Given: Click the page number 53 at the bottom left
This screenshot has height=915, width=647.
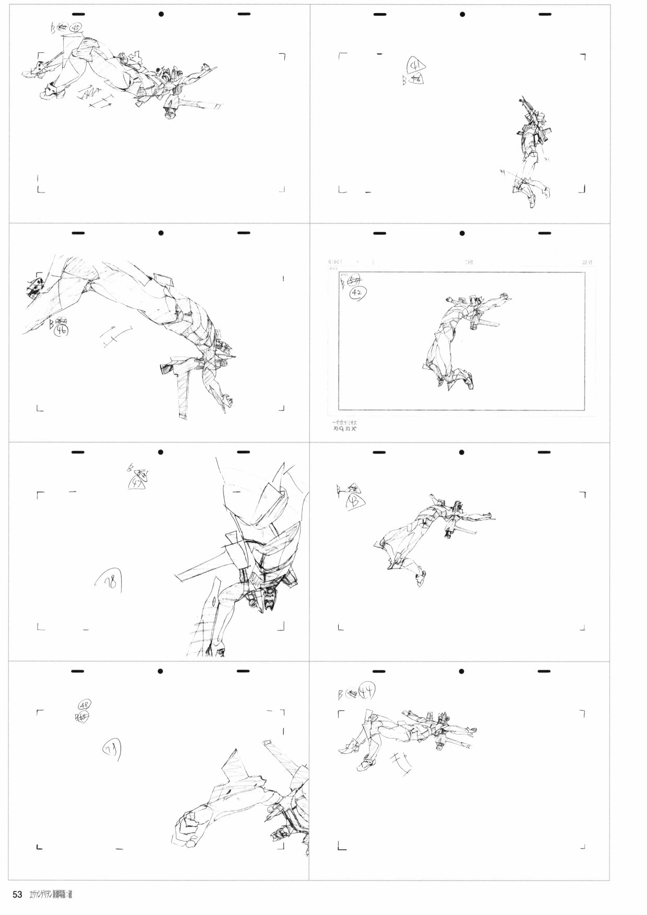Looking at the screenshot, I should pyautogui.click(x=17, y=895).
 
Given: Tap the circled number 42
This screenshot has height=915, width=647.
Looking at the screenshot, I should pyautogui.click(x=357, y=293).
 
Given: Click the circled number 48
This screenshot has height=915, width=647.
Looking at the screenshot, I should pyautogui.click(x=84, y=705).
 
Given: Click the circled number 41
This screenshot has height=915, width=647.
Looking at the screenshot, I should pyautogui.click(x=416, y=66).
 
